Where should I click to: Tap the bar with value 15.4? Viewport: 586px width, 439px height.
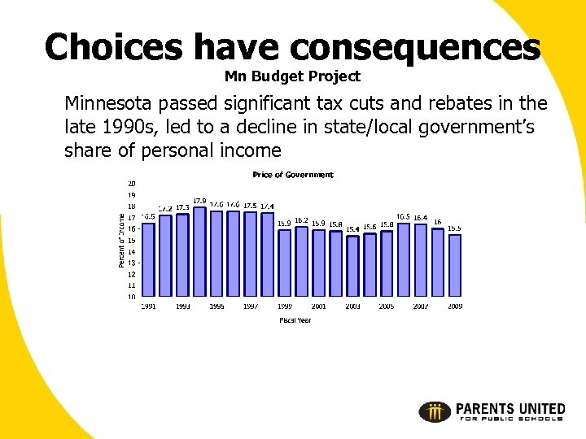pos(352,265)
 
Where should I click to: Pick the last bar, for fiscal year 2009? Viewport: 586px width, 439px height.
pos(455,265)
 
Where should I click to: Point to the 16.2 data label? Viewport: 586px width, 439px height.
pos(301,220)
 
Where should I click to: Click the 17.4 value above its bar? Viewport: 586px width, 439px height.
pos(267,206)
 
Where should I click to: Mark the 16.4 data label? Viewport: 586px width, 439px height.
pos(420,217)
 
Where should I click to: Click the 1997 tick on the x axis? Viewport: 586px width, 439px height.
pos(251,306)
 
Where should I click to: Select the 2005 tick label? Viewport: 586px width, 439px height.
pos(387,306)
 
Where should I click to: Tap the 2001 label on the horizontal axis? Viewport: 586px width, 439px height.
pos(318,306)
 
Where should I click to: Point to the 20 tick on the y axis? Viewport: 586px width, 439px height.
pos(131,184)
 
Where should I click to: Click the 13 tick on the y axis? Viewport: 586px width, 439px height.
pos(131,263)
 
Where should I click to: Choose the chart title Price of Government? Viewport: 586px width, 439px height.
pos(293,175)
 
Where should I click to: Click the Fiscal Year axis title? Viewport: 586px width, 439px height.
pos(295,320)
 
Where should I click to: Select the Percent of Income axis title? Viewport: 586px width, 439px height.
pos(122,240)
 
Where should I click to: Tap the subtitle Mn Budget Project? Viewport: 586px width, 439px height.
pos(292,77)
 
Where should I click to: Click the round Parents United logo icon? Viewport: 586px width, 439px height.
pos(435,411)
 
